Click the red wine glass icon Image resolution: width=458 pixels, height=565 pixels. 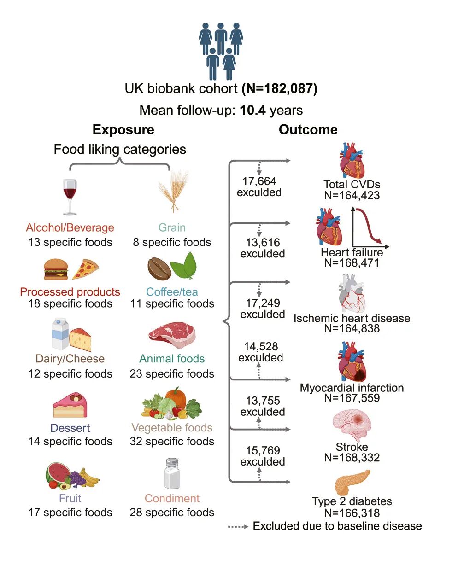(x=70, y=197)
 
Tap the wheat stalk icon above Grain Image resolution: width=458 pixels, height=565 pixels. (x=173, y=191)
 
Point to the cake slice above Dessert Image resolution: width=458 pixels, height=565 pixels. (x=70, y=406)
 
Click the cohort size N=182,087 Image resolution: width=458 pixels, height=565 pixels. (x=280, y=88)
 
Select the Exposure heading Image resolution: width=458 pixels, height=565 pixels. (x=123, y=130)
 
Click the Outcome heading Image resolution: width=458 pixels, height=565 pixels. (x=308, y=130)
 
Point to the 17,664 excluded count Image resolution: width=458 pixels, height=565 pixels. (x=259, y=186)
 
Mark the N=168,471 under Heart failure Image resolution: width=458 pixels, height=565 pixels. (x=352, y=263)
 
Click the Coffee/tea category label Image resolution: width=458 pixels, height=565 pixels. (x=172, y=292)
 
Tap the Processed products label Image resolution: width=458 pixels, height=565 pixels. (x=70, y=292)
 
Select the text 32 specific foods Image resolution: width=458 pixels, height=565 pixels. (x=172, y=441)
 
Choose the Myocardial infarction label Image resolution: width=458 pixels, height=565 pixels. (x=352, y=388)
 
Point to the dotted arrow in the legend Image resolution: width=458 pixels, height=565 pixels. (x=239, y=526)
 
